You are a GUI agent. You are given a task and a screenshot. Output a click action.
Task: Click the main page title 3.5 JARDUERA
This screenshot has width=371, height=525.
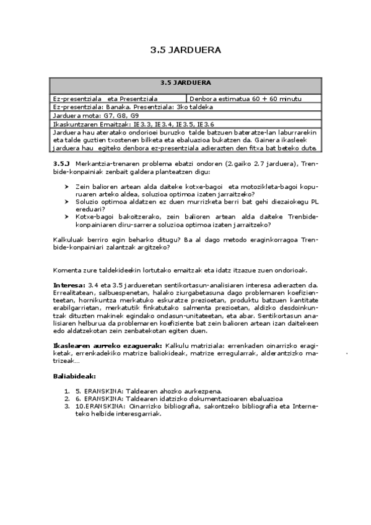185,51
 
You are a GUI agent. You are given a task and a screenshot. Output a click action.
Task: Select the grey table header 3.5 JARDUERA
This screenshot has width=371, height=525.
185,82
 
